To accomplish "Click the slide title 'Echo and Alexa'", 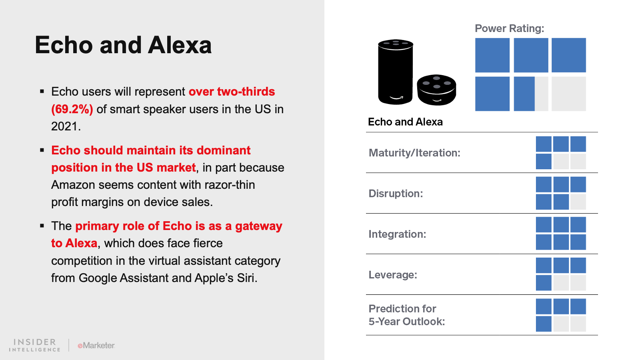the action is pos(123,45).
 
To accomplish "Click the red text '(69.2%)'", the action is pos(72,109).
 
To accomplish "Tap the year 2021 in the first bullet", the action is pos(66,126).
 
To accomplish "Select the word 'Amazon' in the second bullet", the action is pos(73,185).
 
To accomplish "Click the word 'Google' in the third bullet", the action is pos(97,278).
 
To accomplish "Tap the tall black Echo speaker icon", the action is pos(396,72).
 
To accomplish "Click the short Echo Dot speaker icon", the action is pos(436,90).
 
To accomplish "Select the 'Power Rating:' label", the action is pos(510,28).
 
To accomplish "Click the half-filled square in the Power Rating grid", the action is pos(531,94).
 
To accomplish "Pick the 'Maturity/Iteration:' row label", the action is pos(414,153).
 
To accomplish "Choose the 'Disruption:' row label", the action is pos(396,194).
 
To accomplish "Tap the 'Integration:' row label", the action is pos(397,234).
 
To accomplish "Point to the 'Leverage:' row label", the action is pos(393,275).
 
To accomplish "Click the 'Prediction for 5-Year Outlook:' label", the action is pos(406,315).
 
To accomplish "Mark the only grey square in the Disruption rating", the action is pos(578,202).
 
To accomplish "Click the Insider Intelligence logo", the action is pos(34,345).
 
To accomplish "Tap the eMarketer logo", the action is pos(96,346).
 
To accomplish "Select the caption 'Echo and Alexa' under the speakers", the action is pos(405,122).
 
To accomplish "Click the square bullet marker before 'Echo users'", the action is pos(42,92).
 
